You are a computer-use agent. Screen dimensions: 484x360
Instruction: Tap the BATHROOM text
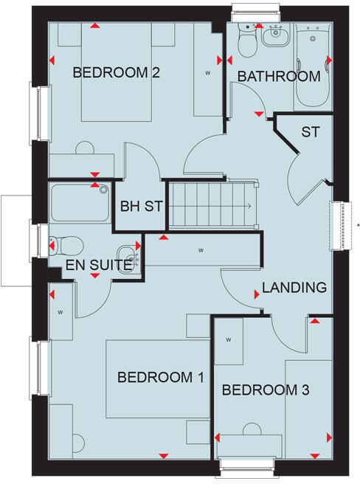(x=279, y=76)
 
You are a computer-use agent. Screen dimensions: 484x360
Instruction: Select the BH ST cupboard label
(x=140, y=206)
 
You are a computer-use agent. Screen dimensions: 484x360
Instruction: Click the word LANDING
(x=294, y=288)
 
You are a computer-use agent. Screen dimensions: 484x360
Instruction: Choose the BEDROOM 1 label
(x=160, y=378)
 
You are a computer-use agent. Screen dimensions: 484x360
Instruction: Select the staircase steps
(x=211, y=204)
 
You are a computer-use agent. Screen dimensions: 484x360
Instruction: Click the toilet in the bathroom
(x=246, y=44)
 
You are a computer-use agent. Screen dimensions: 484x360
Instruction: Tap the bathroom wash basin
(x=276, y=33)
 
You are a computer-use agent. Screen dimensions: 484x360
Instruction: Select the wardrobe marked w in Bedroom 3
(x=229, y=340)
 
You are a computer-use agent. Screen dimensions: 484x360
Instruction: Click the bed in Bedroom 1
(x=155, y=378)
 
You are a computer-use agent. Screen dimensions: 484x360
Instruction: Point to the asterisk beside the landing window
(x=357, y=224)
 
